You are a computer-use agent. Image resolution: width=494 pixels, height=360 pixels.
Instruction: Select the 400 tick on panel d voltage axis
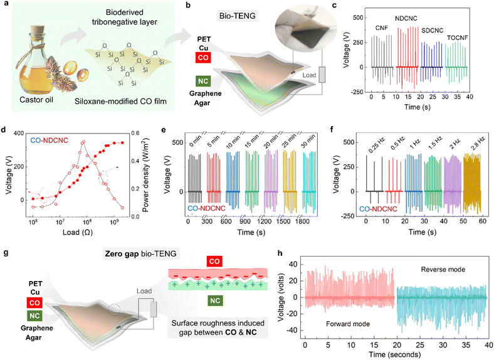pos(21,134)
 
